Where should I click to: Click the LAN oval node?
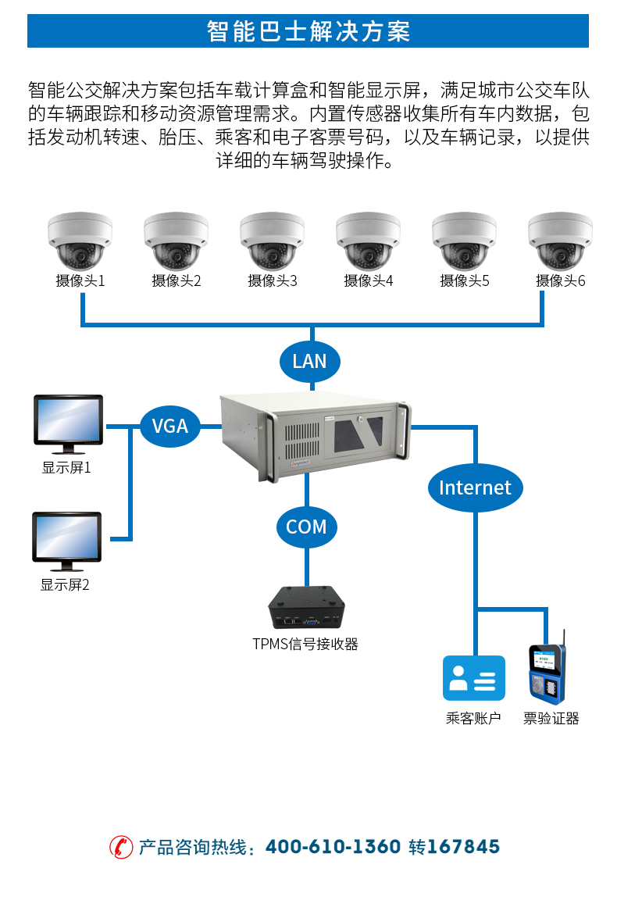(x=309, y=361)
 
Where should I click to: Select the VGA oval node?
(x=169, y=426)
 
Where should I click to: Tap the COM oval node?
(x=306, y=527)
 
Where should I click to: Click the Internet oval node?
(x=475, y=487)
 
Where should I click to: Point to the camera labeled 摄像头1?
(x=80, y=241)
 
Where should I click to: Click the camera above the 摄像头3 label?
(x=272, y=241)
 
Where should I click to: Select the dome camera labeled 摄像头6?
(x=560, y=241)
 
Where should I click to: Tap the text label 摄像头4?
(x=368, y=281)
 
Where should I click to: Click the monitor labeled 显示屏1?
(x=68, y=423)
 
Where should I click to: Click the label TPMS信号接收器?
(x=305, y=645)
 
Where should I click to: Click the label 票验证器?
(x=551, y=719)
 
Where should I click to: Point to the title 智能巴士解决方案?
(x=308, y=31)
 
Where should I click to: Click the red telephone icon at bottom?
(x=121, y=847)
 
